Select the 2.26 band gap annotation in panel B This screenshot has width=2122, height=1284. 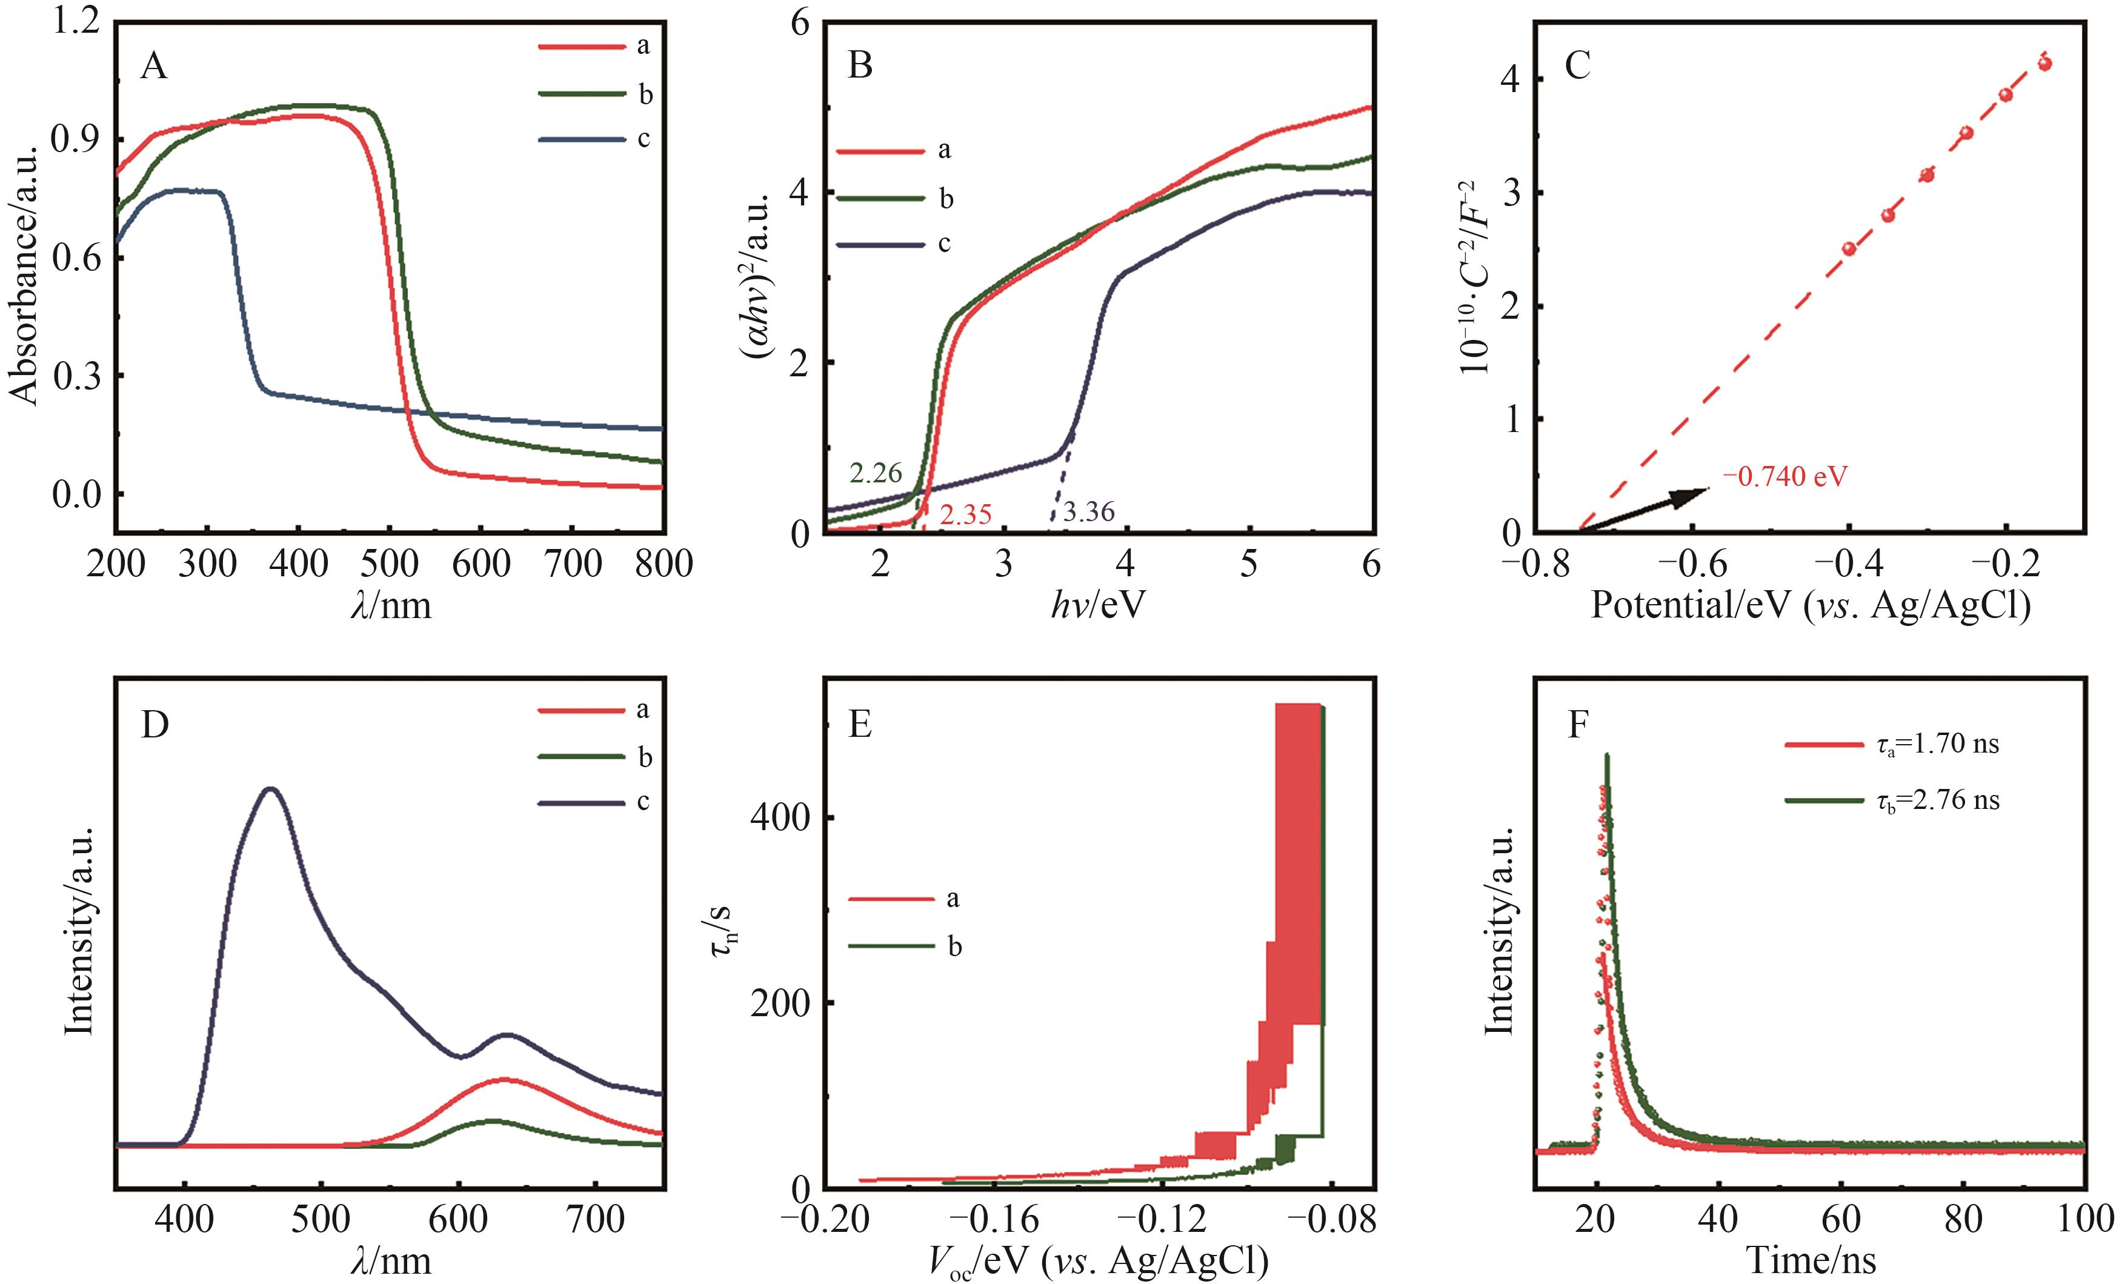pyautogui.click(x=875, y=472)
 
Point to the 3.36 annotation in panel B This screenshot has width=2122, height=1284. pyautogui.click(x=1088, y=513)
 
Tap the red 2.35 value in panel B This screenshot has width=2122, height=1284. pyautogui.click(x=965, y=515)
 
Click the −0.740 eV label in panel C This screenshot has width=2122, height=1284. pyautogui.click(x=1784, y=476)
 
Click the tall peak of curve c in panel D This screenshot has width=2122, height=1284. pyautogui.click(x=271, y=789)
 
